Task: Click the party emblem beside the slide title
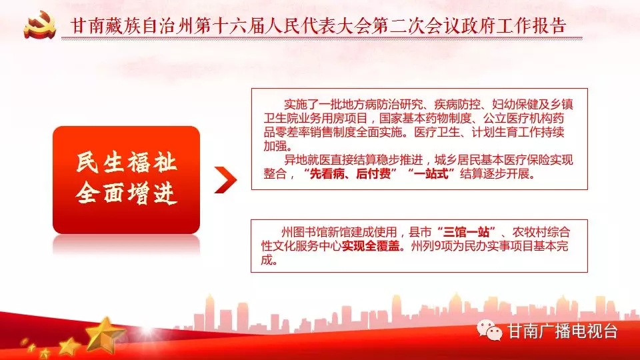(x=39, y=25)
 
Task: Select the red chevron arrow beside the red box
(x=225, y=179)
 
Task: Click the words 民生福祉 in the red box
(x=127, y=162)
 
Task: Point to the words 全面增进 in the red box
(x=127, y=193)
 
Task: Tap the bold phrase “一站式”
(x=431, y=174)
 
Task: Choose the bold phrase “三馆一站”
(x=466, y=233)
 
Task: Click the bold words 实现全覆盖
(x=371, y=246)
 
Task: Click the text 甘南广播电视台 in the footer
(x=563, y=331)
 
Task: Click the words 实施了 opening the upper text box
(x=301, y=105)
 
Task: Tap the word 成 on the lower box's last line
(x=267, y=259)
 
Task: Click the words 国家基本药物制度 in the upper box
(x=425, y=119)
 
